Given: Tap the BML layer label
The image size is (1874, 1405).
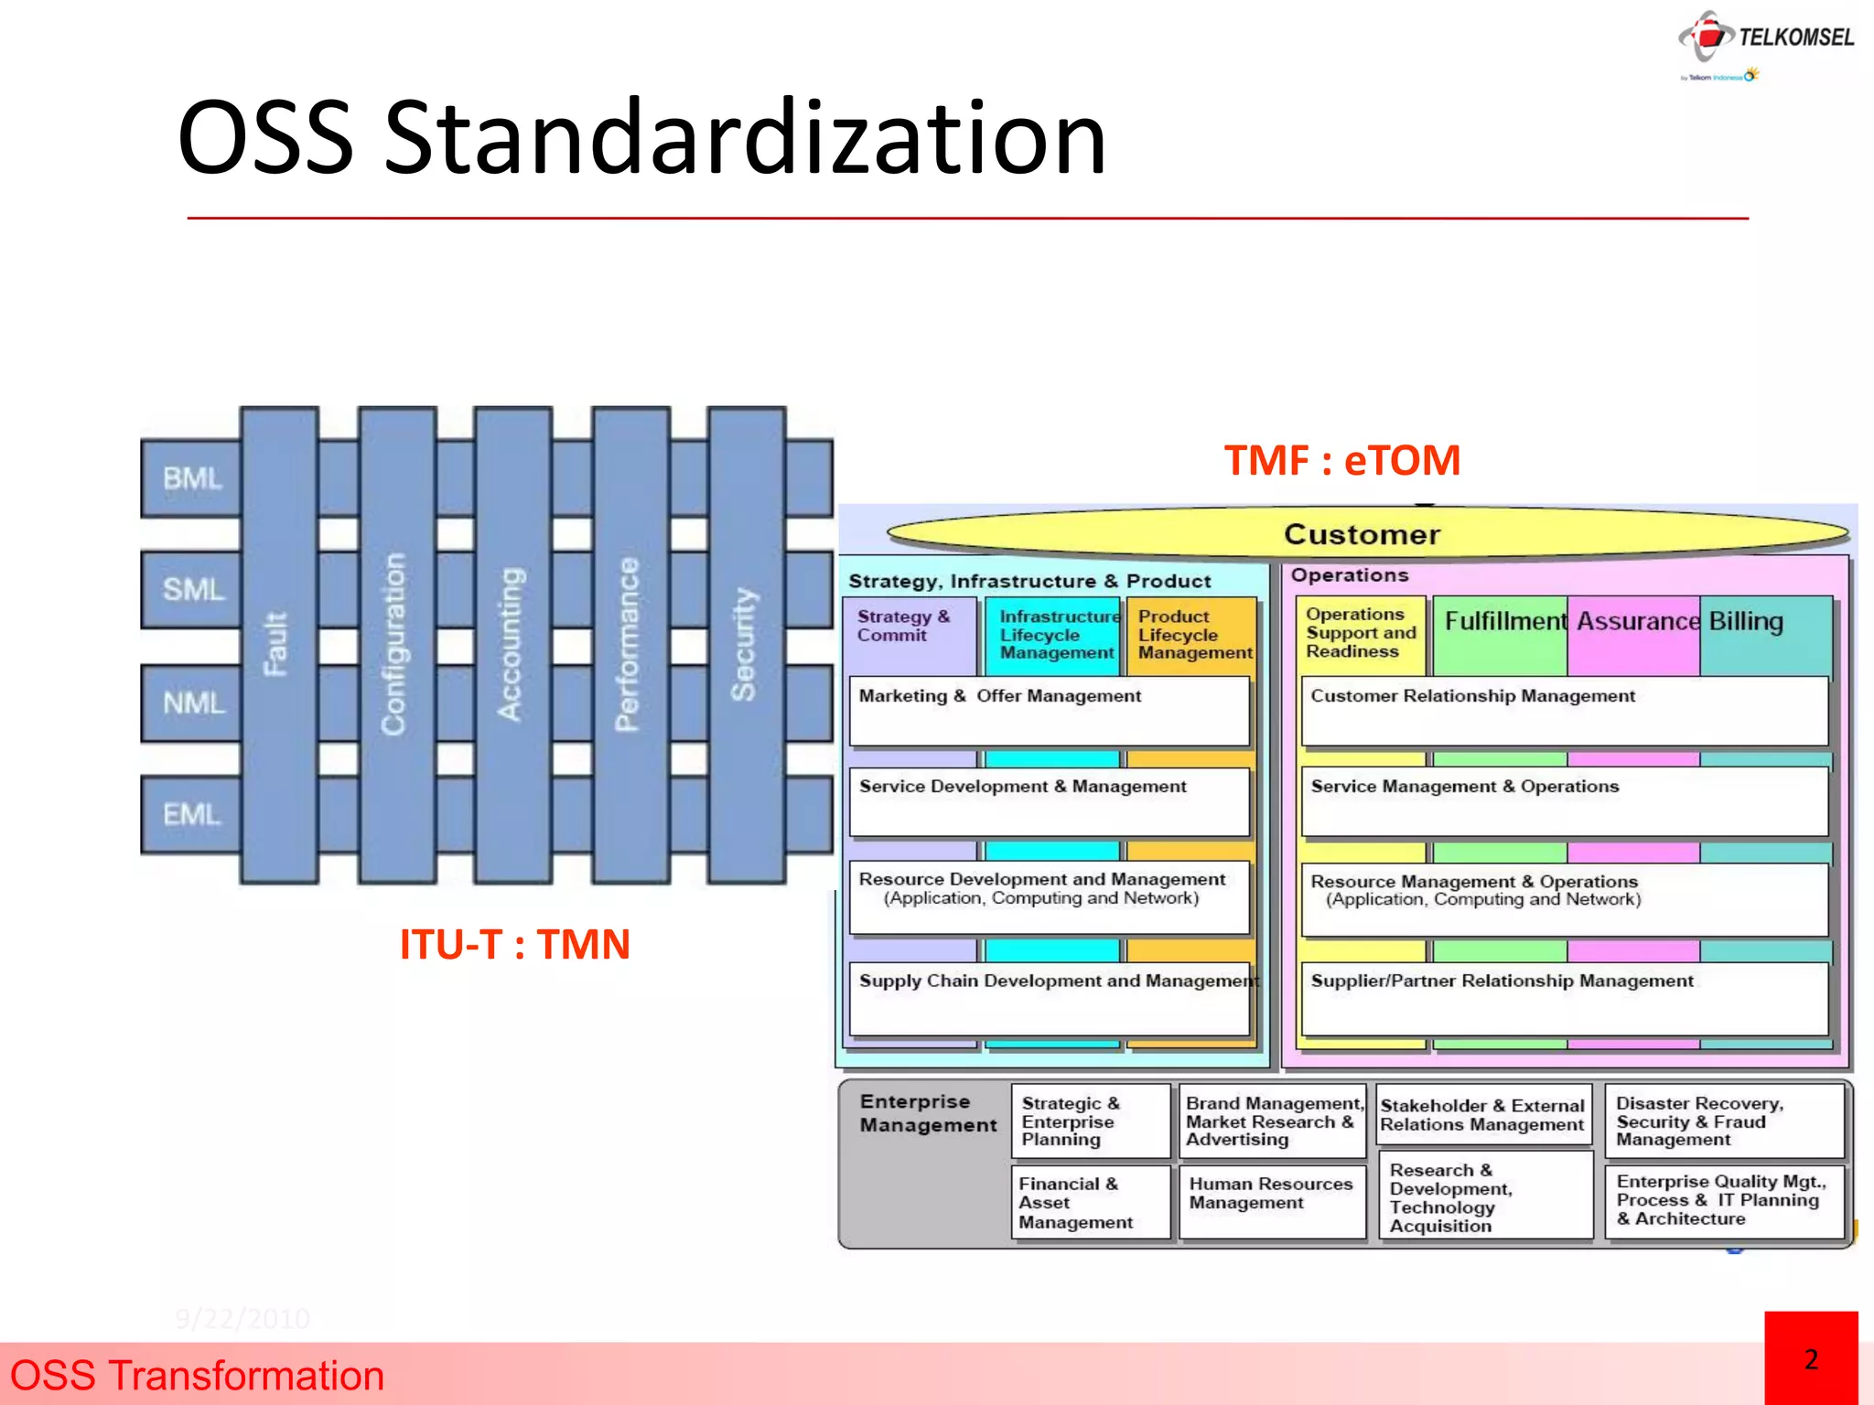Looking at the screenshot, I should pos(192,478).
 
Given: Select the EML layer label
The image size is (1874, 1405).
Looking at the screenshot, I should pos(191,814).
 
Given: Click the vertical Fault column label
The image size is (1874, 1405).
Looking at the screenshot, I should pos(276,644).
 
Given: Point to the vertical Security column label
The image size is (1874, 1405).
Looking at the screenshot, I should pos(744,644).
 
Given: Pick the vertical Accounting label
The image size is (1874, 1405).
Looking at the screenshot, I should pos(511,644).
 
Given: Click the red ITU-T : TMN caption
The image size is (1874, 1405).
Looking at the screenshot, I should pos(514,944).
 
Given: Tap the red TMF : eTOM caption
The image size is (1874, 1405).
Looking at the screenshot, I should pos(1341,460).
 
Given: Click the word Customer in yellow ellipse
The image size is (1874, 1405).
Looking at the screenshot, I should pos(1362,534).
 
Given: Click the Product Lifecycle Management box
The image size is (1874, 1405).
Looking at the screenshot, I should pos(1193,635).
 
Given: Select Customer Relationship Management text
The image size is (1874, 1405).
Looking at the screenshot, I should pos(1472,696).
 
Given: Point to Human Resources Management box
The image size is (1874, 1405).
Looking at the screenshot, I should pos(1271,1194).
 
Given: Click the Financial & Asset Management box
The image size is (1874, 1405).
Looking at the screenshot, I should pos(1076,1203).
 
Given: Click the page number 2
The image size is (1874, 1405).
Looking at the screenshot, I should pos(1811,1360).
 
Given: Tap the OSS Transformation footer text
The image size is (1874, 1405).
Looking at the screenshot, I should pos(197,1376).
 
